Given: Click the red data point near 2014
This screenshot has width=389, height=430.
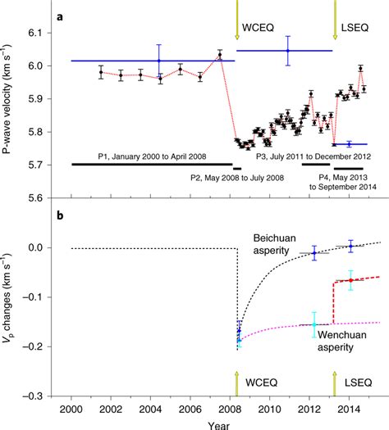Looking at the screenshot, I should point(350,280).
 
